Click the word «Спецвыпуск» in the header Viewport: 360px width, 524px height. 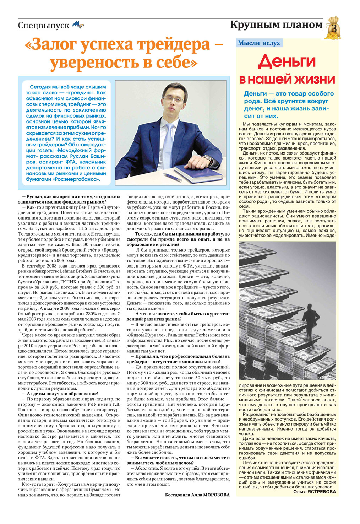pos(43,26)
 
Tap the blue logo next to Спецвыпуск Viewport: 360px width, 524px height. pos(78,25)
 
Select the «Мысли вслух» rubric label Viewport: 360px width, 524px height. pos(259,43)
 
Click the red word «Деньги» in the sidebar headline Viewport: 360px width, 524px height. pos(287,61)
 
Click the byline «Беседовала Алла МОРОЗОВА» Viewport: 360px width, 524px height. pos(197,495)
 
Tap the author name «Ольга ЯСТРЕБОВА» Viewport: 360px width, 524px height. pos(314,492)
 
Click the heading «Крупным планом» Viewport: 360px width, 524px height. pos(276,25)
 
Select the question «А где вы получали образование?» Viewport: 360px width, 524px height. pos(62,394)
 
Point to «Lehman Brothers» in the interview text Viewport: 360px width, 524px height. pos(76,271)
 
